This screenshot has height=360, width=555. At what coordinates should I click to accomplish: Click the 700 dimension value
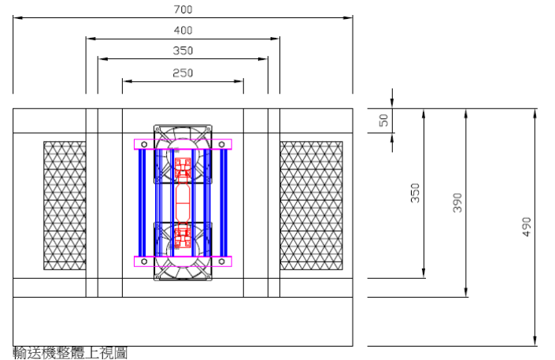[183, 9]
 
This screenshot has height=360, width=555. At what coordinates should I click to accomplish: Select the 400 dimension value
[183, 31]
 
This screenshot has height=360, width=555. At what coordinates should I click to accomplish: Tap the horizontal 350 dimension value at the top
[183, 50]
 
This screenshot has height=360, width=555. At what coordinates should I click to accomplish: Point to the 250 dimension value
[183, 73]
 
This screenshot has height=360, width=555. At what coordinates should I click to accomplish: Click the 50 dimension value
[383, 120]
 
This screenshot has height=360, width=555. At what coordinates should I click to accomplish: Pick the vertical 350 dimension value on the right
[415, 193]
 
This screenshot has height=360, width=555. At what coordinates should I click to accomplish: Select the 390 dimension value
[457, 202]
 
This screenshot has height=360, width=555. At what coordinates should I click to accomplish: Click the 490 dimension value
[527, 227]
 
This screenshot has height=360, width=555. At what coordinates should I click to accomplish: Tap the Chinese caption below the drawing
[70, 353]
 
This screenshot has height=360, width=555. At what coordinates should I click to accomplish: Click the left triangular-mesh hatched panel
[65, 206]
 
